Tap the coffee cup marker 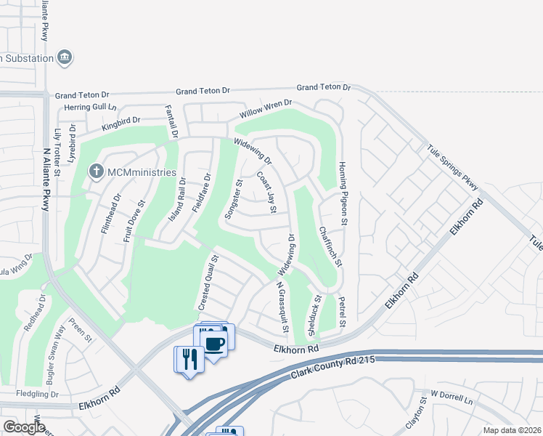[x=214, y=343]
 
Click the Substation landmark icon [x=65, y=57]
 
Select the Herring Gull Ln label [x=86, y=107]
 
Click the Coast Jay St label [x=266, y=193]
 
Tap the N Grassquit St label [x=282, y=308]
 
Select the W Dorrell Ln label [x=451, y=397]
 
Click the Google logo [x=24, y=427]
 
